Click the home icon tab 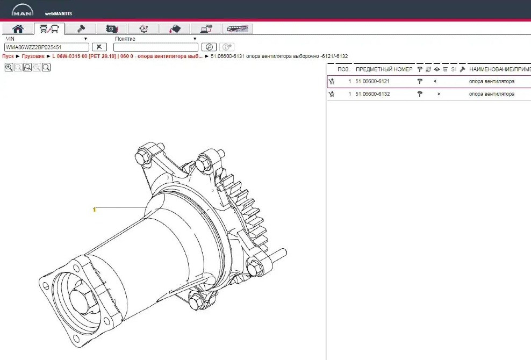coord(18,29)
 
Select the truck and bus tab coord(49,29)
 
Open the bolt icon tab coord(80,29)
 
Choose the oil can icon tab coord(175,29)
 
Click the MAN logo coord(23,10)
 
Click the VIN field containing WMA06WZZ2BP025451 coord(47,47)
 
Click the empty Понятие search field coord(156,47)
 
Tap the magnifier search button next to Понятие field coord(209,47)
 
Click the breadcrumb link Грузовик coord(33,56)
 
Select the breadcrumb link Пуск coord(8,56)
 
